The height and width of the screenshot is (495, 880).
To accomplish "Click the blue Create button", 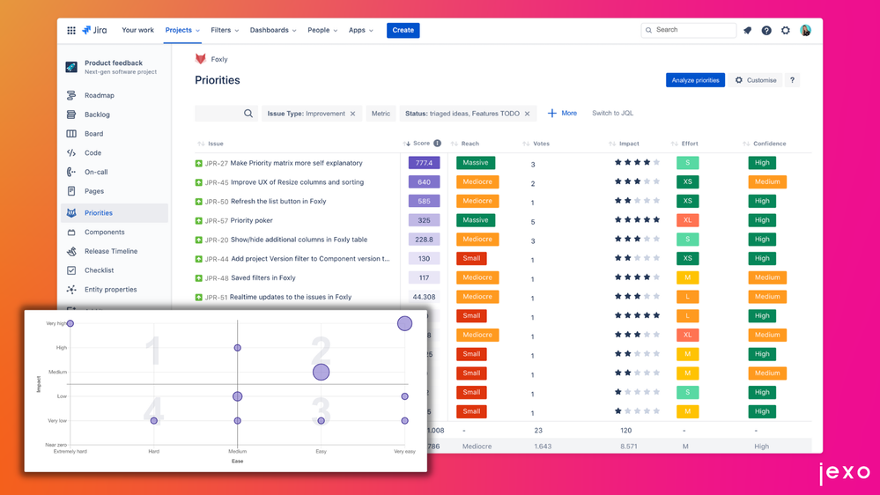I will pyautogui.click(x=403, y=30).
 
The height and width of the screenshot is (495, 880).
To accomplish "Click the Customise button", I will pyautogui.click(x=756, y=80).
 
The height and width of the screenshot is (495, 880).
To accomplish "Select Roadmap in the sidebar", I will pyautogui.click(x=99, y=95).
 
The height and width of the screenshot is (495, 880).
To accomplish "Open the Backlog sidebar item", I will pyautogui.click(x=97, y=115).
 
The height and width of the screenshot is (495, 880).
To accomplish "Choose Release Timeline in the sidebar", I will pyautogui.click(x=110, y=251).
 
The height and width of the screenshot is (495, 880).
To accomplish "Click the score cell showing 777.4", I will pyautogui.click(x=424, y=163).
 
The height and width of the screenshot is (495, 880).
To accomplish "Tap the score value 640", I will pyautogui.click(x=424, y=182).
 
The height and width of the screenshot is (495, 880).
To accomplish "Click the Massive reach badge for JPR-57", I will pyautogui.click(x=476, y=220).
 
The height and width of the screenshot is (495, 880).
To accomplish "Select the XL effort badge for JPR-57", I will pyautogui.click(x=687, y=220).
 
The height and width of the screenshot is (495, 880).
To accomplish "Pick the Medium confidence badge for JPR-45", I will pyautogui.click(x=766, y=182).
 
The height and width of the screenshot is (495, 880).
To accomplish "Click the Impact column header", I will pyautogui.click(x=629, y=144).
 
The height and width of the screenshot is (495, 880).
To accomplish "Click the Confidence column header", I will pyautogui.click(x=769, y=144).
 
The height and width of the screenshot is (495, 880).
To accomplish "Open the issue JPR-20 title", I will pyautogui.click(x=299, y=240).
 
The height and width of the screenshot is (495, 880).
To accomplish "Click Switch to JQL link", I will pyautogui.click(x=612, y=114).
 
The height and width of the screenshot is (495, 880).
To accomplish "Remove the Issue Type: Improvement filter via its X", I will pyautogui.click(x=352, y=114).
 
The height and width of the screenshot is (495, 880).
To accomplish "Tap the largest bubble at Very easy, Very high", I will pyautogui.click(x=404, y=323).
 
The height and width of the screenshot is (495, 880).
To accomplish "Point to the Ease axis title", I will pyautogui.click(x=237, y=461).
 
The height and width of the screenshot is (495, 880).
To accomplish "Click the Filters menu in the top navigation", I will pyautogui.click(x=224, y=30).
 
